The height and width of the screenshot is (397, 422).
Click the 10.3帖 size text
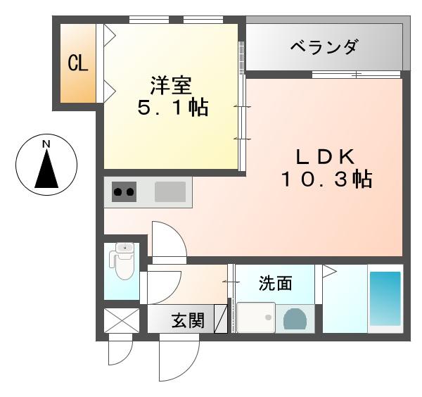(x=326, y=180)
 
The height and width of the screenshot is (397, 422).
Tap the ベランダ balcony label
(x=324, y=48)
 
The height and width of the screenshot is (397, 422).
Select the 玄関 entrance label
(x=188, y=321)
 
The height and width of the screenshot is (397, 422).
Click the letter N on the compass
(x=46, y=145)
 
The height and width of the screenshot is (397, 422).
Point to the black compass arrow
(x=46, y=170)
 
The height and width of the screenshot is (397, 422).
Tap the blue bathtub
(x=385, y=298)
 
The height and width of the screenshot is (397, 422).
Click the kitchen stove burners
(x=124, y=191)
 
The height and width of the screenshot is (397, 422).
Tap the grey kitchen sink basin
(x=170, y=191)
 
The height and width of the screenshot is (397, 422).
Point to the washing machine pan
(x=256, y=318)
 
